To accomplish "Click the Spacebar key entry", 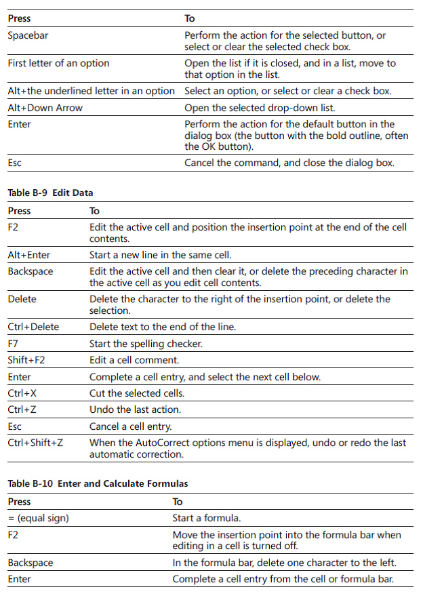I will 28,35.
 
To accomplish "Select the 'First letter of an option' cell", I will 58,63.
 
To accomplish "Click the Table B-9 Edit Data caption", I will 50,193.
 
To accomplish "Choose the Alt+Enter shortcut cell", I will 28,256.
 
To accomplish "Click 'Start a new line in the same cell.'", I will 160,256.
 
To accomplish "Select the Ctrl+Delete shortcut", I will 33,327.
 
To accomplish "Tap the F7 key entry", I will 13,344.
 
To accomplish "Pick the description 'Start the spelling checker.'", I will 146,344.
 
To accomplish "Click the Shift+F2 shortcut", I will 26,360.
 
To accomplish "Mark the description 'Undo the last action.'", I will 135,409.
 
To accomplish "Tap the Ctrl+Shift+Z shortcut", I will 35,443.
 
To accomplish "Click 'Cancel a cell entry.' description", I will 130,426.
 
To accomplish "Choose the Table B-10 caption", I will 98,484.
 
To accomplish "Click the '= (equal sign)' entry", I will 38,519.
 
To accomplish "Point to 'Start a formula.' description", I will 206,519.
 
